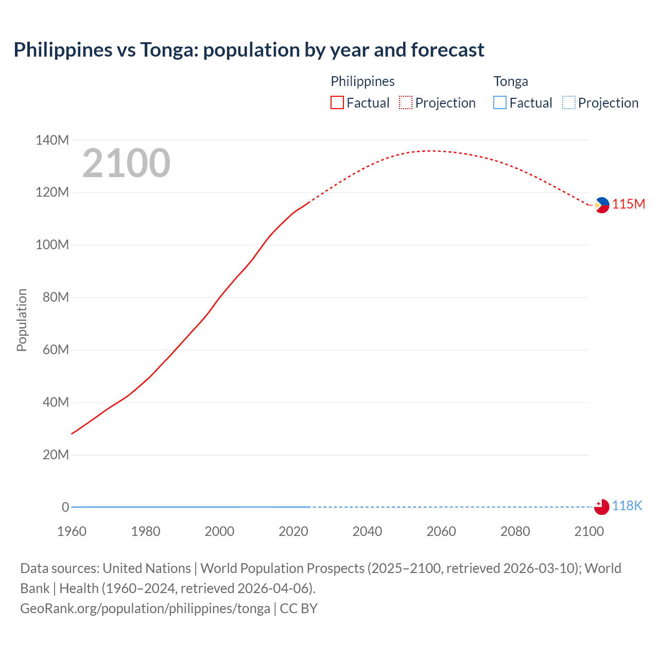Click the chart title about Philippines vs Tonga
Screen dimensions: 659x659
(249, 50)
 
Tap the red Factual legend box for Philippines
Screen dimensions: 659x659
(337, 103)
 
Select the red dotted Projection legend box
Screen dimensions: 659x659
(406, 103)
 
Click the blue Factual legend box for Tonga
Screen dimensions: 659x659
(499, 103)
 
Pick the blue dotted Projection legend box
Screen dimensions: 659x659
(569, 103)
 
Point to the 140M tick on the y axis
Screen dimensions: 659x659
(52, 140)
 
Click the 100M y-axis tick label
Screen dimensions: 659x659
(52, 245)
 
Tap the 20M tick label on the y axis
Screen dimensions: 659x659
(56, 455)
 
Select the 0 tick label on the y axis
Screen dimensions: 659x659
(65, 507)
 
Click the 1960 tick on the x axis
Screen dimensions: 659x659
(72, 531)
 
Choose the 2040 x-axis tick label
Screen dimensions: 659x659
(367, 531)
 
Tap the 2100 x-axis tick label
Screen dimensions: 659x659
(588, 531)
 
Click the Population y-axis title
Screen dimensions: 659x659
(22, 320)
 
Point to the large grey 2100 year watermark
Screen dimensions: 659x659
(126, 163)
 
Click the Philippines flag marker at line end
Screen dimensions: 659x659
(601, 205)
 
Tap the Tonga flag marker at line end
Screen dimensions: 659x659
(601, 507)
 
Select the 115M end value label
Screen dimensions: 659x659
(628, 204)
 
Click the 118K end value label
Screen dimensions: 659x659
(627, 506)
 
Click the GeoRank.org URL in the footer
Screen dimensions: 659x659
(145, 609)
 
